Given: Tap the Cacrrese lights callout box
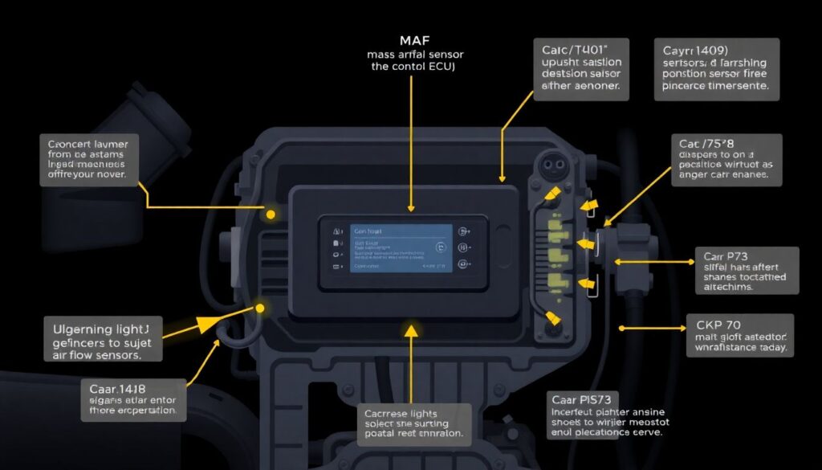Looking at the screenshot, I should (413, 420).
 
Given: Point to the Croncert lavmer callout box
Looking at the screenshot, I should (89, 160).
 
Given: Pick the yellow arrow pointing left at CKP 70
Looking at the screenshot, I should (625, 328).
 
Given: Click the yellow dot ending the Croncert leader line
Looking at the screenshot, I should (271, 215).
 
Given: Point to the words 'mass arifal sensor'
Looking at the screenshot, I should (410, 54).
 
